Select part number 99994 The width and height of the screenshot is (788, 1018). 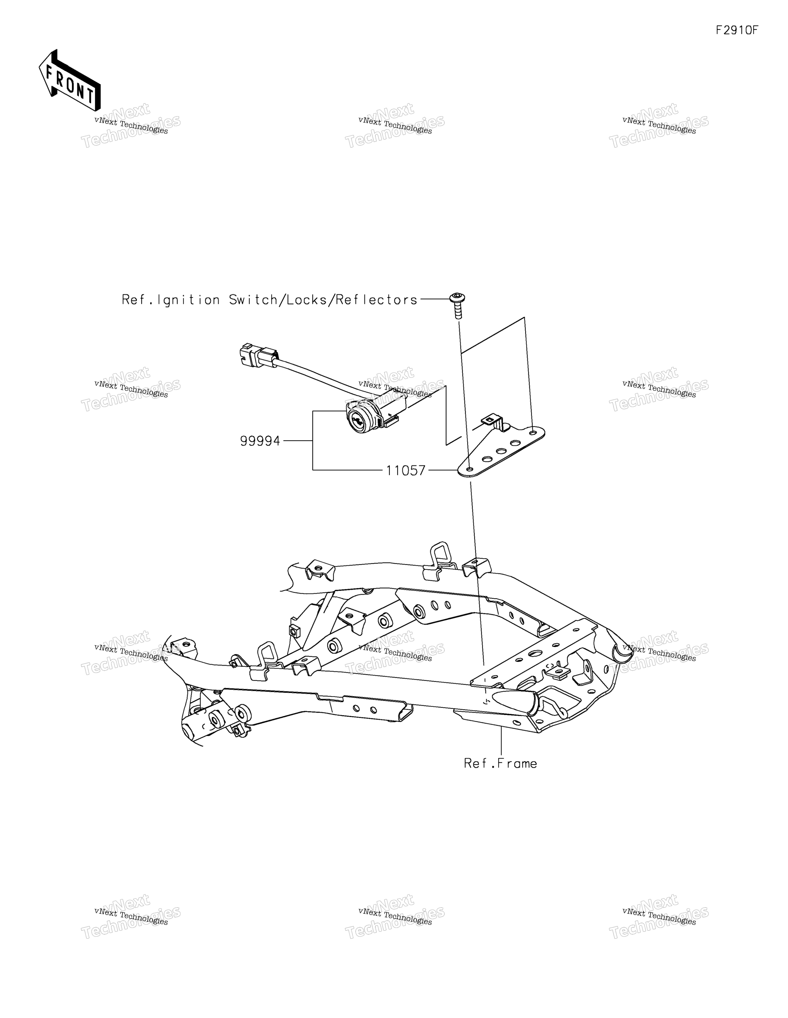click(x=260, y=441)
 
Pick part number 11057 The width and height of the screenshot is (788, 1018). click(x=406, y=470)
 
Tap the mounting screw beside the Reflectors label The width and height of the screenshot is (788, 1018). click(x=457, y=306)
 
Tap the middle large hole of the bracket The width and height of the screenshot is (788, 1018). click(x=501, y=451)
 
